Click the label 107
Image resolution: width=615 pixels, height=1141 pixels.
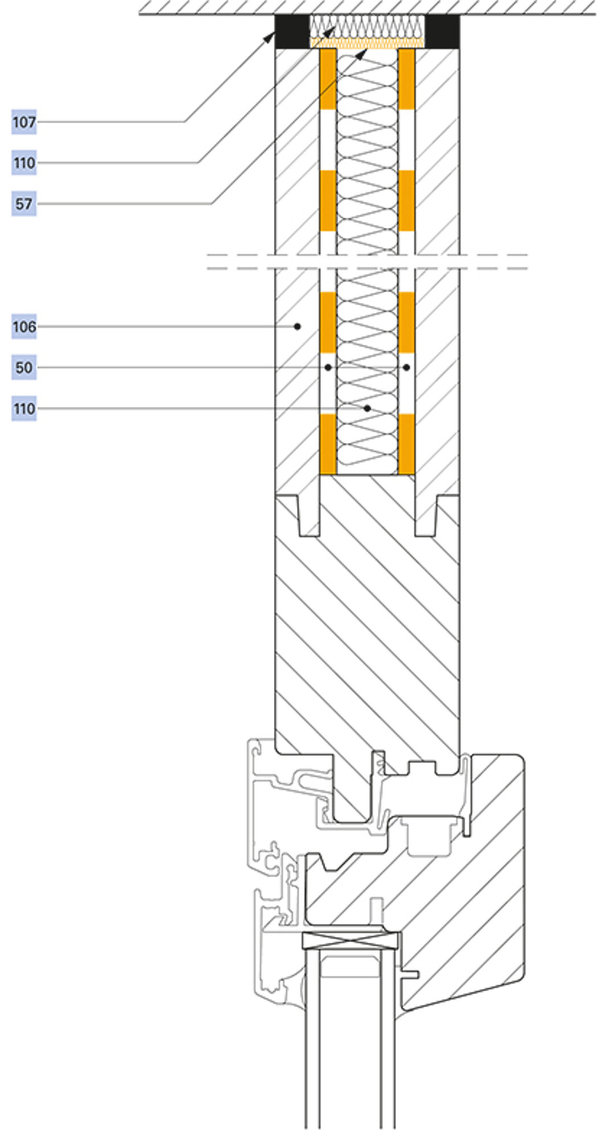coord(24,122)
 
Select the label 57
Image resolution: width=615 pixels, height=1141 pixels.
coord(24,204)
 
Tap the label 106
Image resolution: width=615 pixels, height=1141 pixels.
coord(24,327)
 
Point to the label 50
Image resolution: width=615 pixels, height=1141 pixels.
coord(24,368)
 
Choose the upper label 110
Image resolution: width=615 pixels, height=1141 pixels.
coord(24,163)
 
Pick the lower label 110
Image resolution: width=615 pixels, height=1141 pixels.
coord(24,409)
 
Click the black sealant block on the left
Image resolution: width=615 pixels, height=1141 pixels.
coord(292,31)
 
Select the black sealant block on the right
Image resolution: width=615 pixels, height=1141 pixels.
coord(442,31)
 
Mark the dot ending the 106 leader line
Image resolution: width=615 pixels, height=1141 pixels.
coord(297,326)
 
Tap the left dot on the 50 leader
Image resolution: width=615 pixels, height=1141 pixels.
coord(328,367)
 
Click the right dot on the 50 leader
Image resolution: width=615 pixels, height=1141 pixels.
coord(406,367)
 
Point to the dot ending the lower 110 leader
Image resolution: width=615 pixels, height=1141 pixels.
coord(367,408)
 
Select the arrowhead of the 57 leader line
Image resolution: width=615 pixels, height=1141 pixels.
coord(362,54)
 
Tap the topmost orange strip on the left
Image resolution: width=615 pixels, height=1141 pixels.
coord(327,79)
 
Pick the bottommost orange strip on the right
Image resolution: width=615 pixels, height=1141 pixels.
coord(407,444)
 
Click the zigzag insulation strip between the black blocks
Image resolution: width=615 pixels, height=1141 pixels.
coord(367,26)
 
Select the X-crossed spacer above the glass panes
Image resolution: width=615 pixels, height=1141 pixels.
coord(351,941)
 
